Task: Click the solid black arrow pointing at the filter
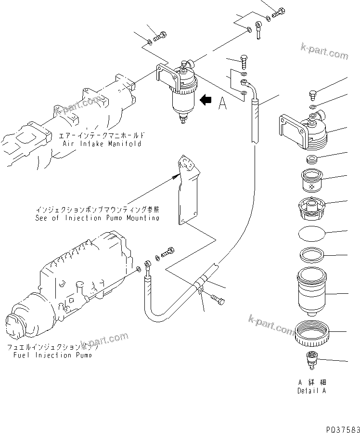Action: click(206, 100)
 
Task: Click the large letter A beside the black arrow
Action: click(222, 104)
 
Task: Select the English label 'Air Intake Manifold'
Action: click(102, 144)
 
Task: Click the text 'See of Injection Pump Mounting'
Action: click(97, 217)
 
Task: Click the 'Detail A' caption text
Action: click(311, 391)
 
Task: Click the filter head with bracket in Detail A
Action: click(303, 129)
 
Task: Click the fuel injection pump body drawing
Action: click(72, 284)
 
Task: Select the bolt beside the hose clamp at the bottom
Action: click(218, 301)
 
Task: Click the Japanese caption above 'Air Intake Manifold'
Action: click(103, 136)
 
